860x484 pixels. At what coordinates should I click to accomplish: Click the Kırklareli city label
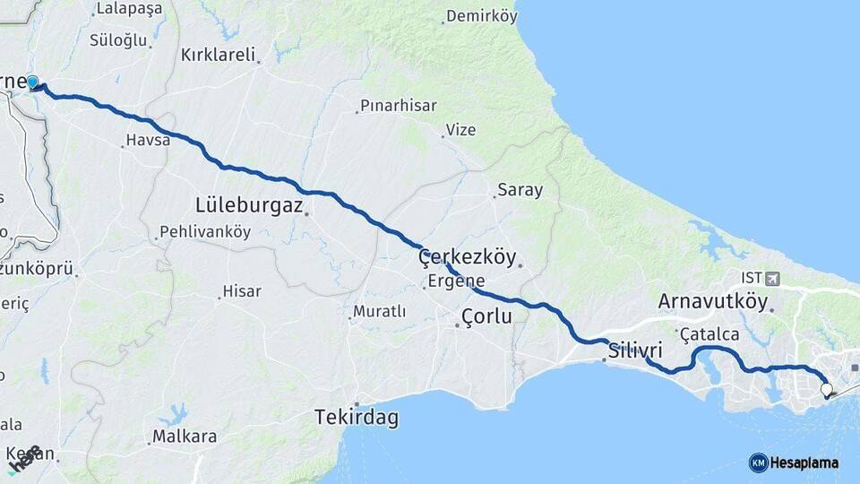pos(219,54)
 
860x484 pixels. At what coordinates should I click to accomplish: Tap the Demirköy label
pos(482,16)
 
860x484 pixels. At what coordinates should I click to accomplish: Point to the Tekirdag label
pos(357,418)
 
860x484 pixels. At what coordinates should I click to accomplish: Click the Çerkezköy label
pos(468,258)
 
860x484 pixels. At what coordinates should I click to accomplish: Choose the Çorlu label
pos(486,316)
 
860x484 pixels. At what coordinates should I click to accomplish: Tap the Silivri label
pos(635,350)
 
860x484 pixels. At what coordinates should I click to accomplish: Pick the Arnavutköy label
pos(713,301)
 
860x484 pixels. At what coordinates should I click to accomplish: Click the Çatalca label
pos(709,334)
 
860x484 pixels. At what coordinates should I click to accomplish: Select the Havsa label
pos(148,140)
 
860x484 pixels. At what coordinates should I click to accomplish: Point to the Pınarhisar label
pos(398,106)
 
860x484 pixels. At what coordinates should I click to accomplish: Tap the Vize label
pos(460,130)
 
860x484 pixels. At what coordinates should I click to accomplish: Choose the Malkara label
pos(185,437)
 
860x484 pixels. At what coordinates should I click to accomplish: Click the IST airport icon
pos(772,279)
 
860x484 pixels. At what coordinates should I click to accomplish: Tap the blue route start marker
pos(33,82)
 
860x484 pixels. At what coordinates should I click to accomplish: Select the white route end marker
pos(826,390)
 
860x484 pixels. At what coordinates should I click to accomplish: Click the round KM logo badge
pos(759,462)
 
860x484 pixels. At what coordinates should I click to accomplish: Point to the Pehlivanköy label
pos(204,232)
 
